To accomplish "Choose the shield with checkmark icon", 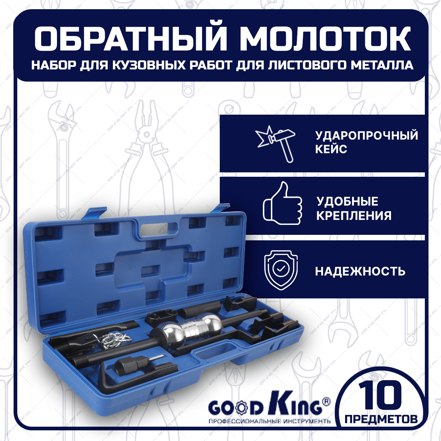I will (281, 270).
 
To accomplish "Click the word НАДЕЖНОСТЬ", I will (360, 272).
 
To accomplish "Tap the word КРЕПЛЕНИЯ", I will (354, 215).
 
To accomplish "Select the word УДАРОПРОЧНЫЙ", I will (366, 135).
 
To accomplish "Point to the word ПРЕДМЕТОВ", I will (381, 419).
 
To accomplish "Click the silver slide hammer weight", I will (191, 330).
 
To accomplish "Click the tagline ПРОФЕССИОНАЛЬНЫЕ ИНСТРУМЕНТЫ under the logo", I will (269, 421).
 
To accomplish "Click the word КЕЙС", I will (331, 149).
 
